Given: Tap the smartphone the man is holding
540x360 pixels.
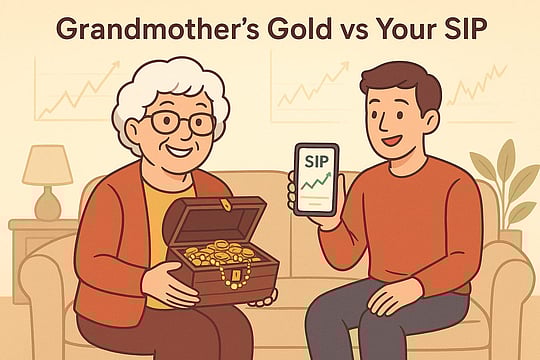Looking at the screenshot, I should (x=315, y=179).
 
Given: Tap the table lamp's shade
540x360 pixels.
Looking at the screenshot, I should (x=47, y=165).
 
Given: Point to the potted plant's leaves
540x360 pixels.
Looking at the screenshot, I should (x=504, y=180).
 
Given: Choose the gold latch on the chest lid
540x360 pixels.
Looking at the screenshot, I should (x=226, y=205).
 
